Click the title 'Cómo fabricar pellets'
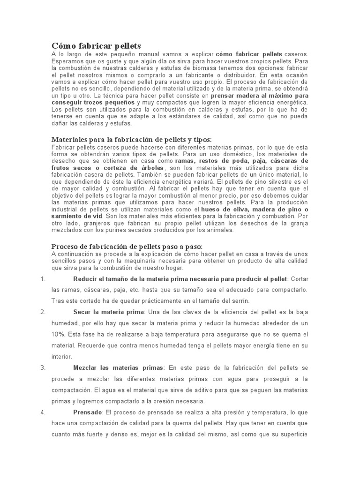click(96, 46)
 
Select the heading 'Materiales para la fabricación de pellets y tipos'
click(131, 140)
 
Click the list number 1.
click(43, 279)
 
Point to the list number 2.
click(43, 312)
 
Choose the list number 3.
click(43, 367)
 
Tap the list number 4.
click(43, 412)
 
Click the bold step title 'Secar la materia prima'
click(109, 312)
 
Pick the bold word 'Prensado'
click(88, 412)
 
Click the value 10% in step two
click(58, 334)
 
